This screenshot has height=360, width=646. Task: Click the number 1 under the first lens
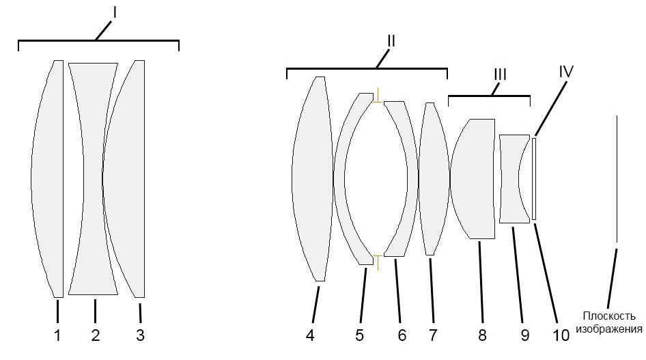pos(57,335)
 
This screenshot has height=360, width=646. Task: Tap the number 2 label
pos(95,335)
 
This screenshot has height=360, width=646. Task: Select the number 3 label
pos(140,335)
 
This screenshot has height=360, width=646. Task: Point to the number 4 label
pos(310,335)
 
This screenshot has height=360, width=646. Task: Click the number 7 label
pos(432,335)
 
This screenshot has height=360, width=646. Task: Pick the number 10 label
pos(561,335)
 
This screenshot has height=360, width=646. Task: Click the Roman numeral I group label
pos(115,13)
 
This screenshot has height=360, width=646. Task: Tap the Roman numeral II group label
pos(391,41)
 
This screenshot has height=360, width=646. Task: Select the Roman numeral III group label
pos(500,74)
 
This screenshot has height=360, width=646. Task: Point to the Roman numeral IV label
pos(566,72)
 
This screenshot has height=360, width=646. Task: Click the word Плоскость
pos(609,316)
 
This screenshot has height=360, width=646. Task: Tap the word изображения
pos(609,329)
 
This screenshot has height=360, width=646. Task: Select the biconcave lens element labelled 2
pos(93,179)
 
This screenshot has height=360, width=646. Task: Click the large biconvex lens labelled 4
pos(312,179)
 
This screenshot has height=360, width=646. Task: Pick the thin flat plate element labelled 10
pos(534,179)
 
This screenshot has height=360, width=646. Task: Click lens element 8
pos(473,179)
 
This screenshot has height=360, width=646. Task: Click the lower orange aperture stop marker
pos(378,262)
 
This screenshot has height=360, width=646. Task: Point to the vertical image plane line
pos(617,179)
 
